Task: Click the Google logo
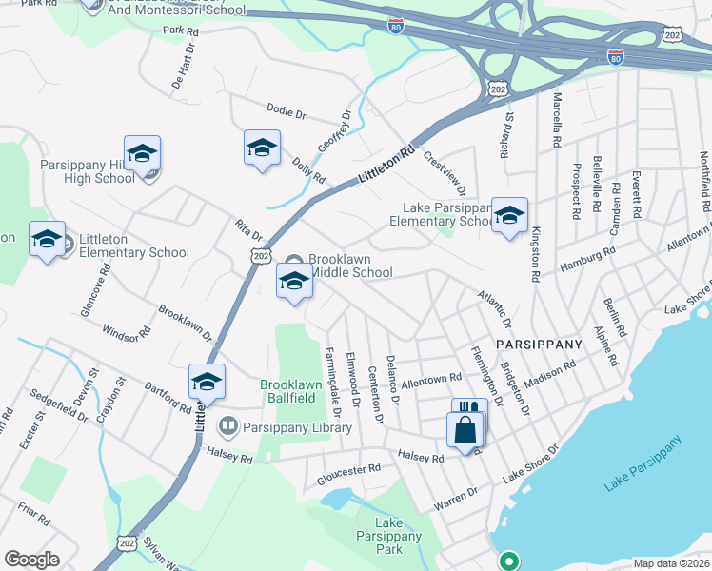tap(31, 559)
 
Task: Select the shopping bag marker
tap(464, 429)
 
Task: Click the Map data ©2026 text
tap(671, 563)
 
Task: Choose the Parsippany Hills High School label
tap(88, 171)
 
